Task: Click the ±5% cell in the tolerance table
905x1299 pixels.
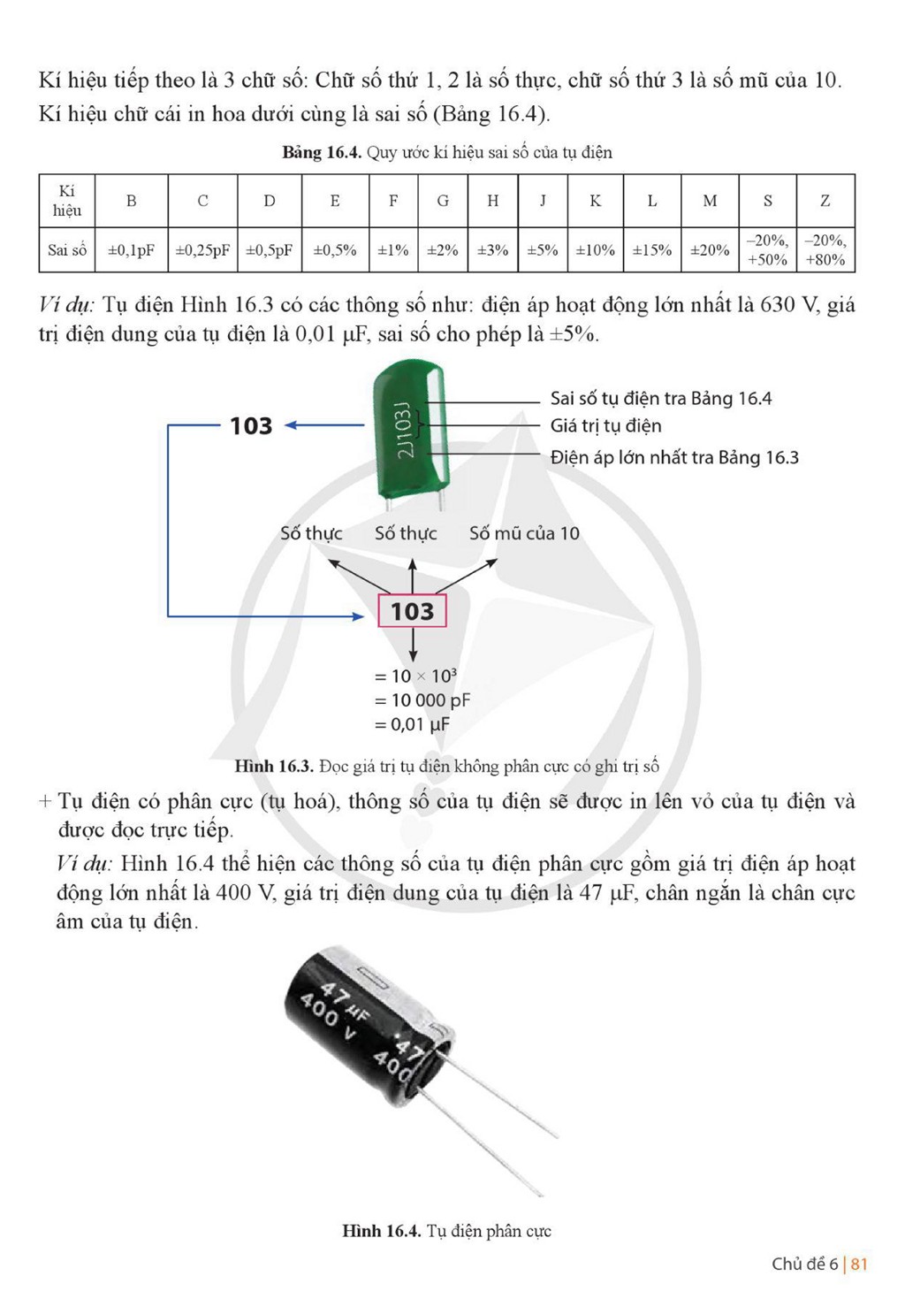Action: pyautogui.click(x=542, y=250)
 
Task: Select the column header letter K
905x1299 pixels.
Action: pyautogui.click(x=596, y=201)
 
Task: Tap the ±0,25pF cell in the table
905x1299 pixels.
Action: pyautogui.click(x=202, y=250)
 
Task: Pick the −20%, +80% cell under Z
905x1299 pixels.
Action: pyautogui.click(x=825, y=250)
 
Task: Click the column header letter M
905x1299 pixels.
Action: pyautogui.click(x=710, y=201)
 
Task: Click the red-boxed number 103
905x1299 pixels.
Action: pyautogui.click(x=412, y=611)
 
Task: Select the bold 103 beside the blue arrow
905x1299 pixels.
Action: pyautogui.click(x=251, y=425)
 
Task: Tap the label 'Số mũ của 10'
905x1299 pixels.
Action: pyautogui.click(x=524, y=533)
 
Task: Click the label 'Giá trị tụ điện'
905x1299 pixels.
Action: pyautogui.click(x=606, y=425)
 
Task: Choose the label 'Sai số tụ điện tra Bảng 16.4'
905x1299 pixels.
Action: pyautogui.click(x=661, y=399)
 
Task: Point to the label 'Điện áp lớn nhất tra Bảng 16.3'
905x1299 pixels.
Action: pyautogui.click(x=674, y=457)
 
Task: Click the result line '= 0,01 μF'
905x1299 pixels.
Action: pyautogui.click(x=412, y=724)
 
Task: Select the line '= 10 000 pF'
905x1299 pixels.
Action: pyautogui.click(x=422, y=700)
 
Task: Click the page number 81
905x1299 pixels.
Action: pyautogui.click(x=859, y=1265)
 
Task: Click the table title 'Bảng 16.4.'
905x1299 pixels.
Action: pyautogui.click(x=322, y=152)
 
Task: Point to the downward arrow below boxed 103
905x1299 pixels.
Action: pyautogui.click(x=412, y=645)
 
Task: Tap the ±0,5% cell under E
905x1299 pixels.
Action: pyautogui.click(x=335, y=250)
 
